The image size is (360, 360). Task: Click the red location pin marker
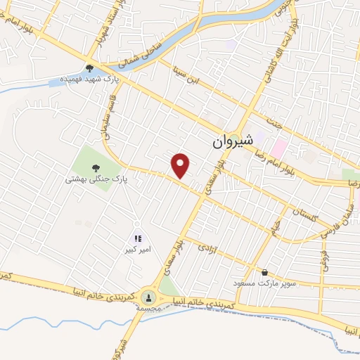[x=181, y=165]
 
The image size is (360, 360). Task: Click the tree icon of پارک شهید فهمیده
[x=90, y=68]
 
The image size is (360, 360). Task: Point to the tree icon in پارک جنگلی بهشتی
[x=96, y=167]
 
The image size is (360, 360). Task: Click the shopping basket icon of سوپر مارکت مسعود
[x=264, y=272]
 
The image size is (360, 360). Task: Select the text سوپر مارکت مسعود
[x=265, y=283]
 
